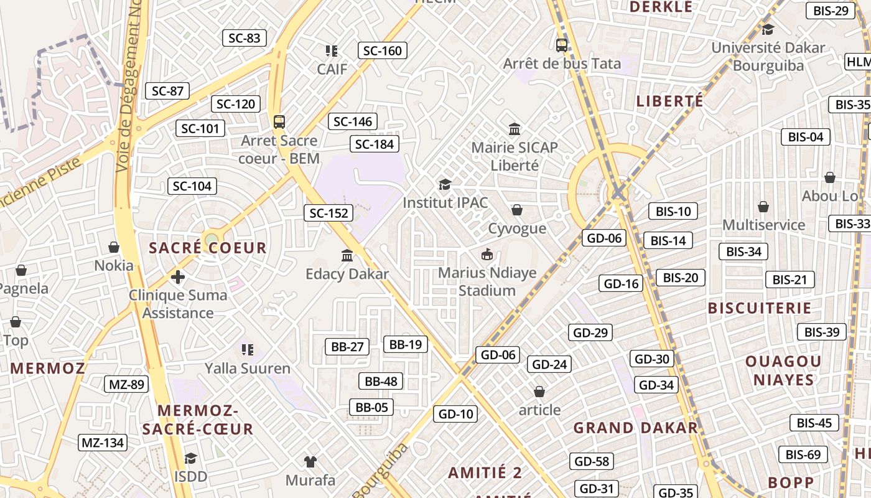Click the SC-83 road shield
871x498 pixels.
click(245, 38)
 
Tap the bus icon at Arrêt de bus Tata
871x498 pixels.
click(562, 45)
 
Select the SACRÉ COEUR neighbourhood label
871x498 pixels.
click(208, 248)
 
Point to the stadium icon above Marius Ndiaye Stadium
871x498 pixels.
click(487, 254)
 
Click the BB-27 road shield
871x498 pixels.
click(347, 347)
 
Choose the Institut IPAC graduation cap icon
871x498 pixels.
click(445, 184)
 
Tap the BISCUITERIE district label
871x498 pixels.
click(760, 308)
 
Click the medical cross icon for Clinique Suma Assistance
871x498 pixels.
click(178, 276)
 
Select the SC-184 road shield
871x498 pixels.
click(375, 144)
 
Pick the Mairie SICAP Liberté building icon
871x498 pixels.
click(515, 129)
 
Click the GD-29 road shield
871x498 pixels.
click(590, 332)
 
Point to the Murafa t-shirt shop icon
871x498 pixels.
click(310, 462)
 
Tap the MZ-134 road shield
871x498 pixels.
click(103, 443)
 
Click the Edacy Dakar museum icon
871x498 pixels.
click(347, 255)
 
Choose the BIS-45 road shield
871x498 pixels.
click(814, 423)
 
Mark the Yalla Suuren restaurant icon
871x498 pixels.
click(248, 350)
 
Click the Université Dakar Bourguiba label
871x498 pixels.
click(768, 56)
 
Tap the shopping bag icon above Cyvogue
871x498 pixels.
click(517, 210)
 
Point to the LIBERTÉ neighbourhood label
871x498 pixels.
click(669, 101)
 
